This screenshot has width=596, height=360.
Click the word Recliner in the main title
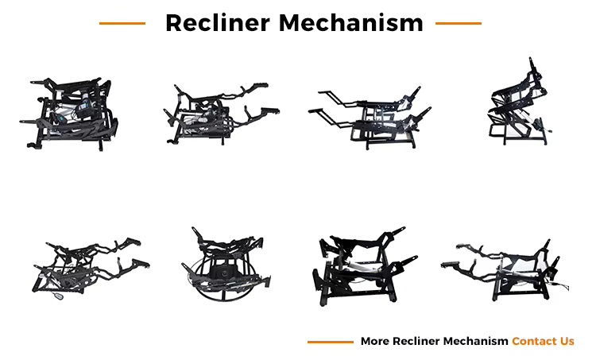click(218, 23)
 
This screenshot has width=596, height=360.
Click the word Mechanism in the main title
click(350, 23)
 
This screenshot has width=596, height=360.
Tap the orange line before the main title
click(122, 24)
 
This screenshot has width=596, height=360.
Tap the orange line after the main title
click(459, 24)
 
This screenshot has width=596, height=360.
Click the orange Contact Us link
click(543, 341)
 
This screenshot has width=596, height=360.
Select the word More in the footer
click(375, 341)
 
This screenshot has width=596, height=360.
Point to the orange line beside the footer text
click(331, 343)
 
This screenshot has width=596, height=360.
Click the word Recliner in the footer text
click(416, 341)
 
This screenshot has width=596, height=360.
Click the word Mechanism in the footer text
click(475, 341)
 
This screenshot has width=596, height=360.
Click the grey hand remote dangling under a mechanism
click(59, 296)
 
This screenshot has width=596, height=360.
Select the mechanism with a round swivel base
click(226, 263)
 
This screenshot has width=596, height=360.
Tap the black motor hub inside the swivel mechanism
click(224, 273)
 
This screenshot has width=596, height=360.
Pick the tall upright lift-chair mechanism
click(519, 102)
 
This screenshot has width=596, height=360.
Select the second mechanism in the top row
click(221, 114)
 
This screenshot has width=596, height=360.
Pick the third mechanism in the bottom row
click(364, 265)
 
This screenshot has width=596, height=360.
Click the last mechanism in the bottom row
click(505, 271)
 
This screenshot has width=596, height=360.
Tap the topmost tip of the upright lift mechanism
click(531, 58)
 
